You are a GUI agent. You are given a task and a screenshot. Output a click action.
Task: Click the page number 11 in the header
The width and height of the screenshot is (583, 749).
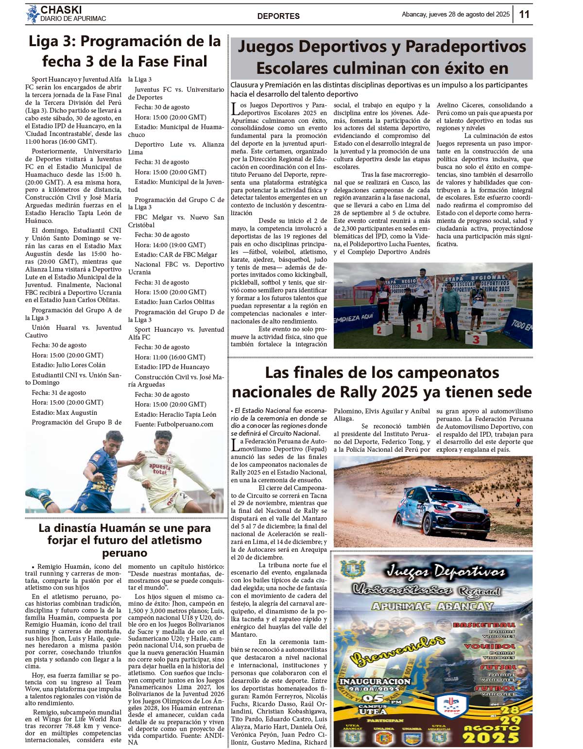524,14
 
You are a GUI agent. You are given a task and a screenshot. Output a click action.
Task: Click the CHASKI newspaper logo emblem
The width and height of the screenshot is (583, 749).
33,14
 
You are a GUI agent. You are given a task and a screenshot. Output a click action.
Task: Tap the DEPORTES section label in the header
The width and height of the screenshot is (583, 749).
278,16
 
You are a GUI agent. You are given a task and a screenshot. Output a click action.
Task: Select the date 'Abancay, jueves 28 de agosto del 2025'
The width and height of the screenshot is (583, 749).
455,15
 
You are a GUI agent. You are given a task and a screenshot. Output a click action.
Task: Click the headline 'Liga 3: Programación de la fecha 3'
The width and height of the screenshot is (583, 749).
125,51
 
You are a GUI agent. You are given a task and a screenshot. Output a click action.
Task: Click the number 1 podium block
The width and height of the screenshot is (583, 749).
421,330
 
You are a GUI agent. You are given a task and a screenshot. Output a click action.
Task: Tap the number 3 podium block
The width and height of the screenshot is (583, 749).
476,338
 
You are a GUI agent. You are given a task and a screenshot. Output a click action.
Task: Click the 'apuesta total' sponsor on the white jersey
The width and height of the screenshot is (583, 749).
160,469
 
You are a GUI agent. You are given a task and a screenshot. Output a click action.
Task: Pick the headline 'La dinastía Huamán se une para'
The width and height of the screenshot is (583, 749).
124,528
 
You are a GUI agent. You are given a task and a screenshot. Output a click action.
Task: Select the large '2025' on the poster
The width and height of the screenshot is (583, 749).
491,738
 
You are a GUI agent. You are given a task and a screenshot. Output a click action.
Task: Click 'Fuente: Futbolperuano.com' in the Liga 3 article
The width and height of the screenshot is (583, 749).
174,424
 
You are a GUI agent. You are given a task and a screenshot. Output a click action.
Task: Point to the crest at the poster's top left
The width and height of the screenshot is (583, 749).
353,569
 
